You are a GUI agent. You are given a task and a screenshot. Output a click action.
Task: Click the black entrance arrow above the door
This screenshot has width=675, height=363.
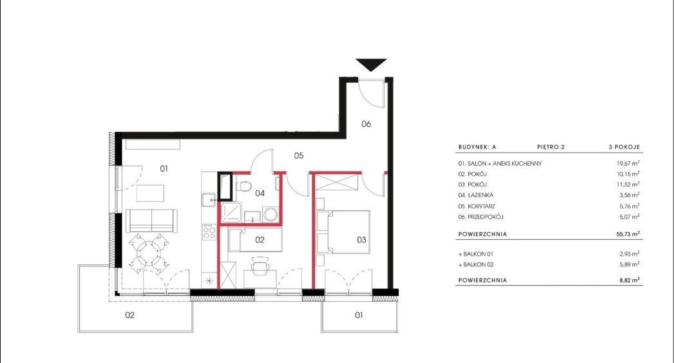tap(372, 64)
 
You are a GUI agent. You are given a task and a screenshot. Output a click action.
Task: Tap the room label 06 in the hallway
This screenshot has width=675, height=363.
tap(366, 124)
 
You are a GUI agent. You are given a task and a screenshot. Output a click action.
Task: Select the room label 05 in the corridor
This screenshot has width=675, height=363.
tap(299, 155)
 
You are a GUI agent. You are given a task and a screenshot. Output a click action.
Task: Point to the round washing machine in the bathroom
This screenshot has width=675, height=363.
tap(271, 214)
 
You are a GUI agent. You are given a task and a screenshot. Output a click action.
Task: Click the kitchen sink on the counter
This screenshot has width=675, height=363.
tap(209, 200)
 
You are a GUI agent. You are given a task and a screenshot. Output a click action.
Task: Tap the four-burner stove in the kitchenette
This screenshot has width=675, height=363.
tap(209, 232)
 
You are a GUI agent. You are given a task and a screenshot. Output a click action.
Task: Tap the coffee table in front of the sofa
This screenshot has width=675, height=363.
tap(150, 193)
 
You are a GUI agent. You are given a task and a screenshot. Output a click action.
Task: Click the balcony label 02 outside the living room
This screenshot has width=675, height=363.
tap(129, 315)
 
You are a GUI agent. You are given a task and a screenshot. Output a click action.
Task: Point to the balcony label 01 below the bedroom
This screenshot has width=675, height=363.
tap(359, 315)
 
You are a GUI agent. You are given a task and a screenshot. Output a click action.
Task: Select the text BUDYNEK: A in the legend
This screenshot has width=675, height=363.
tap(477, 147)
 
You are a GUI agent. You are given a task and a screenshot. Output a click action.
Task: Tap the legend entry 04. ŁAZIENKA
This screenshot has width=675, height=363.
tap(476, 195)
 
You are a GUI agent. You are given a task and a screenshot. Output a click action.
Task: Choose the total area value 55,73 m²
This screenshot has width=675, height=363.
tap(627, 234)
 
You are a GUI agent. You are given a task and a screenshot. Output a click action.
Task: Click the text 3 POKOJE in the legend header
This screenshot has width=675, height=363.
tap(624, 147)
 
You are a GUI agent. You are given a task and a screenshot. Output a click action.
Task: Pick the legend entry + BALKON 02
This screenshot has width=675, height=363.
tap(476, 265)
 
